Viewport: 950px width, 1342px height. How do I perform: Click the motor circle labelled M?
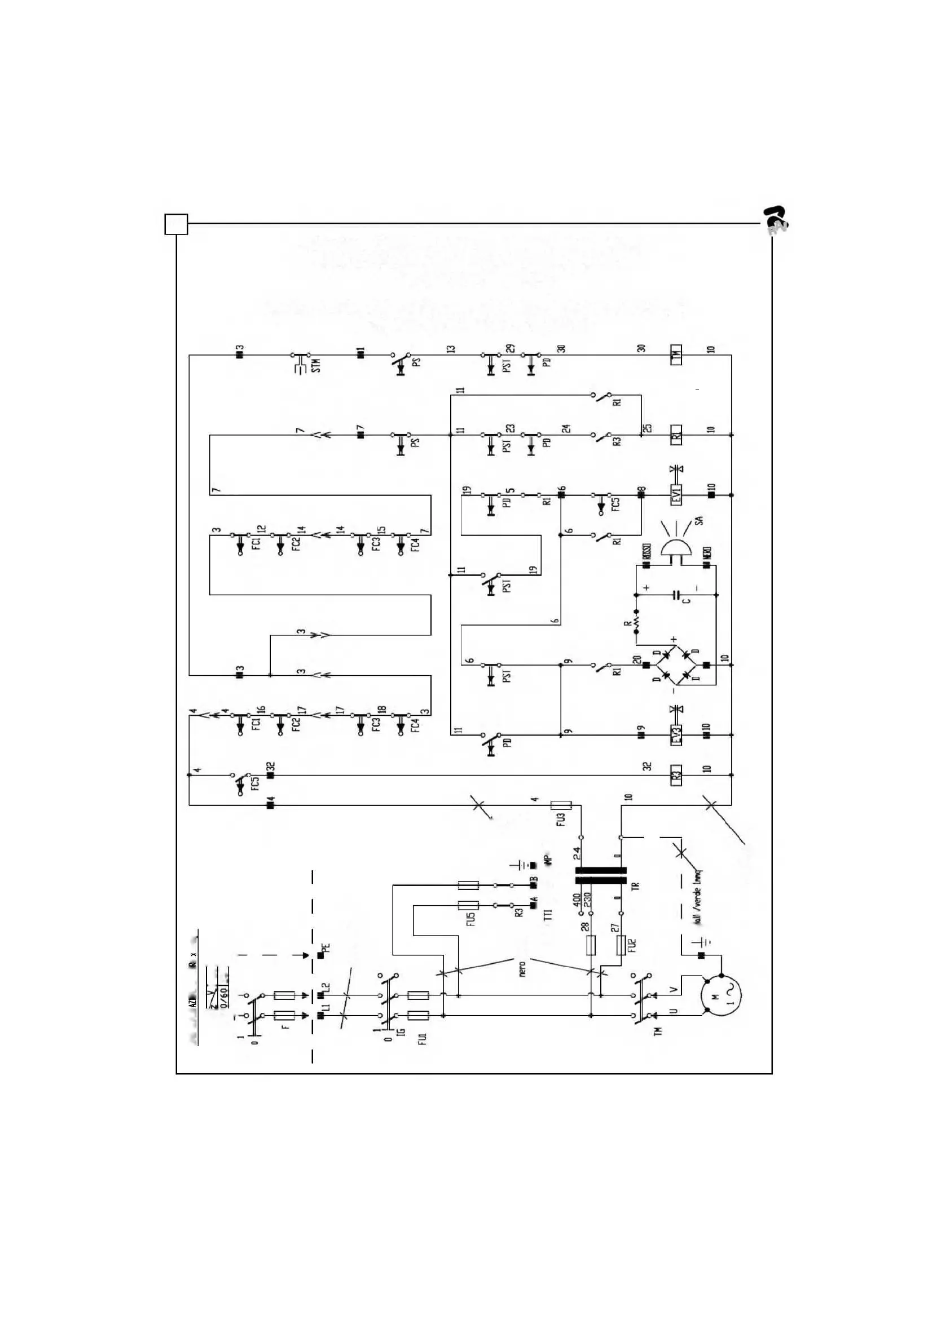[x=722, y=995]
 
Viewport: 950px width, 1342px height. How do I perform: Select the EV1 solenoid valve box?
[x=676, y=494]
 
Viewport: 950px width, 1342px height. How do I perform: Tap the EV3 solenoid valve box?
[x=676, y=735]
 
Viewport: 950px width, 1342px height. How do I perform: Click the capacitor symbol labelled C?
[x=677, y=595]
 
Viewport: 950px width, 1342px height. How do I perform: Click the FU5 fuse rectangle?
[x=468, y=905]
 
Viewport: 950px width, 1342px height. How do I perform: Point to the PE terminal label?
[x=326, y=948]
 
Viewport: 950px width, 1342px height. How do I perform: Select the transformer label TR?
[x=636, y=886]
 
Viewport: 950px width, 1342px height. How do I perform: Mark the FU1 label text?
[x=423, y=1039]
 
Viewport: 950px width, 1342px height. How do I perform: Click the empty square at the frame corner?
[x=176, y=224]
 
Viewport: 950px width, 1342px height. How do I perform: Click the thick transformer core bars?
[x=601, y=875]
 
